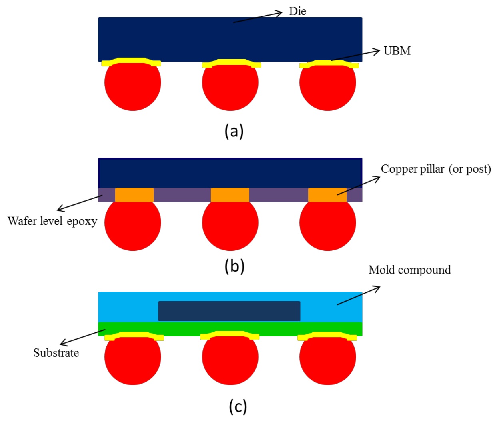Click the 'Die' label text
point(297,11)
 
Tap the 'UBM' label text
point(397,51)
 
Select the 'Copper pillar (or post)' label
point(435,169)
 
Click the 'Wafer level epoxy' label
point(52,221)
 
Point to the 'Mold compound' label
point(409,270)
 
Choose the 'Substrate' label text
point(56,353)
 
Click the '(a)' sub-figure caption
point(234,131)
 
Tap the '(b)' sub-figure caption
point(234,266)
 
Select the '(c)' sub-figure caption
point(238,406)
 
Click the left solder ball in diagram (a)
point(133,86)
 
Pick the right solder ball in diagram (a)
point(327,86)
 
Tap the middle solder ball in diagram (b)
point(230,225)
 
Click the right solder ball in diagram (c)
point(327,360)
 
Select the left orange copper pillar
point(134,195)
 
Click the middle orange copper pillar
point(230,195)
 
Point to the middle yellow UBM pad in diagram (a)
point(232,63)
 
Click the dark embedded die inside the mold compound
point(229,311)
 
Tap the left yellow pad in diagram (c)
point(134,335)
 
